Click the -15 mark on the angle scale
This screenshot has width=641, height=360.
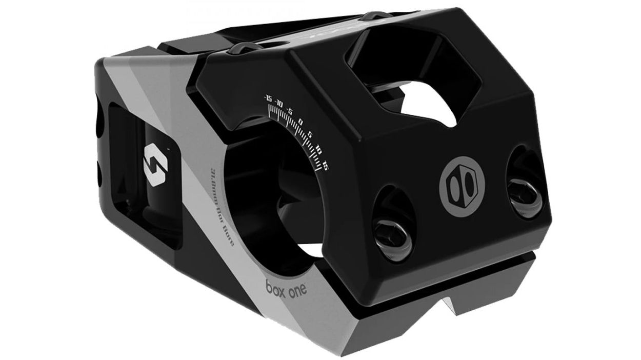[268, 96]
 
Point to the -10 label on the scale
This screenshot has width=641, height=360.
[279, 103]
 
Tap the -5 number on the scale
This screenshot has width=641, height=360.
[290, 111]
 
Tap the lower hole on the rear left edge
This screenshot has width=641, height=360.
[100, 169]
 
